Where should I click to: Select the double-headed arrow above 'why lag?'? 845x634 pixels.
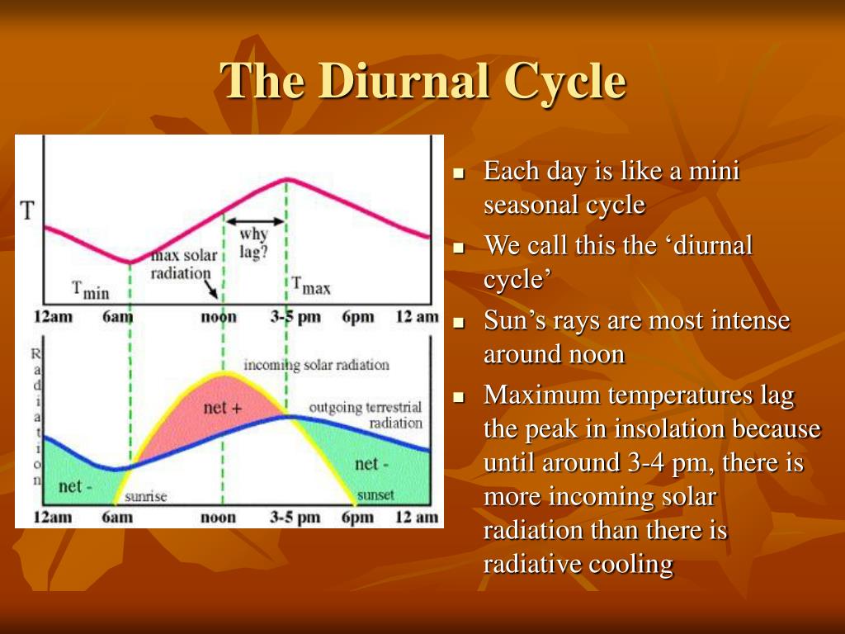256,221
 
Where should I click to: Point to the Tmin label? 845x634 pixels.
90,289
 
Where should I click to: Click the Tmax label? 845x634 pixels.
311,286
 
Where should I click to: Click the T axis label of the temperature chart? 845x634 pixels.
27,210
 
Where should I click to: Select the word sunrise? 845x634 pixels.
146,496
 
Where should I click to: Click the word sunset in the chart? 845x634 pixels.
375,495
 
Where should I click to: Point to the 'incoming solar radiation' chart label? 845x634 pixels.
316,364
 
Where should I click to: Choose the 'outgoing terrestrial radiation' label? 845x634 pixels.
365,414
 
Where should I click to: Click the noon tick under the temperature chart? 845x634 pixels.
219,317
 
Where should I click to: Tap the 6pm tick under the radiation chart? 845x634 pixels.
356,518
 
